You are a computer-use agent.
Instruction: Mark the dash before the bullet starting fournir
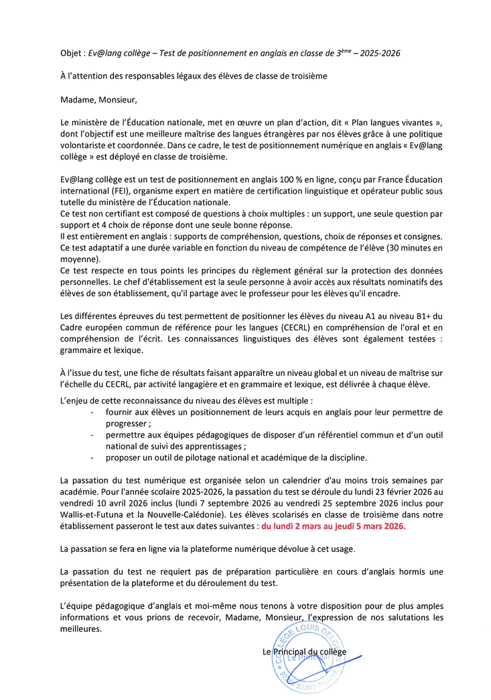tap(92, 413)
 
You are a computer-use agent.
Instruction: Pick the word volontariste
tap(86, 146)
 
